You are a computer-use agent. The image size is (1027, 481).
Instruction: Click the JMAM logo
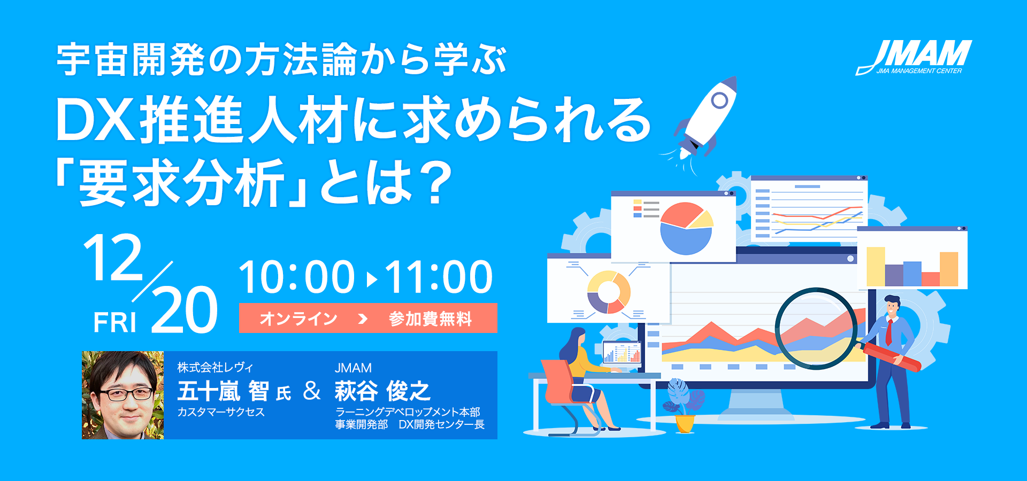pyautogui.click(x=915, y=57)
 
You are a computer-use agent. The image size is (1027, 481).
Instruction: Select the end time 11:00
pyautogui.click(x=439, y=277)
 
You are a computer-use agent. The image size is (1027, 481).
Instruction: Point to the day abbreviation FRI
pyautogui.click(x=115, y=322)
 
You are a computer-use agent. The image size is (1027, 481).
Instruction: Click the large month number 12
pyautogui.click(x=113, y=258)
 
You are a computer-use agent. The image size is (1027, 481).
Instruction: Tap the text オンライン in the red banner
pyautogui.click(x=298, y=319)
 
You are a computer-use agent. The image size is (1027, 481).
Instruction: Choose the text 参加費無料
pyautogui.click(x=431, y=319)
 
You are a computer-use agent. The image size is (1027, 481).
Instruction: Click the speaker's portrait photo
pyautogui.click(x=122, y=395)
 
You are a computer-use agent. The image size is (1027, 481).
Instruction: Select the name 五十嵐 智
pyautogui.click(x=223, y=391)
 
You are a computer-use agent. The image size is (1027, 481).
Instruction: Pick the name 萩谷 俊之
pyautogui.click(x=382, y=391)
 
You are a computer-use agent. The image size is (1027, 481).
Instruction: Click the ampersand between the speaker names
pyautogui.click(x=312, y=391)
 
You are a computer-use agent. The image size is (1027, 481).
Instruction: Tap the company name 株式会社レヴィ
pyautogui.click(x=215, y=368)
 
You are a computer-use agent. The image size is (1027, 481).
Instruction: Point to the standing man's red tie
pyautogui.click(x=888, y=332)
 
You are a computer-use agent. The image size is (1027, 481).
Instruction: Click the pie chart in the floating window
pyautogui.click(x=686, y=228)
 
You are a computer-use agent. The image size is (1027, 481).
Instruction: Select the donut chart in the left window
pyautogui.click(x=609, y=292)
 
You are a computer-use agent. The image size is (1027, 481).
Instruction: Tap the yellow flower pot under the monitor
pyautogui.click(x=685, y=423)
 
